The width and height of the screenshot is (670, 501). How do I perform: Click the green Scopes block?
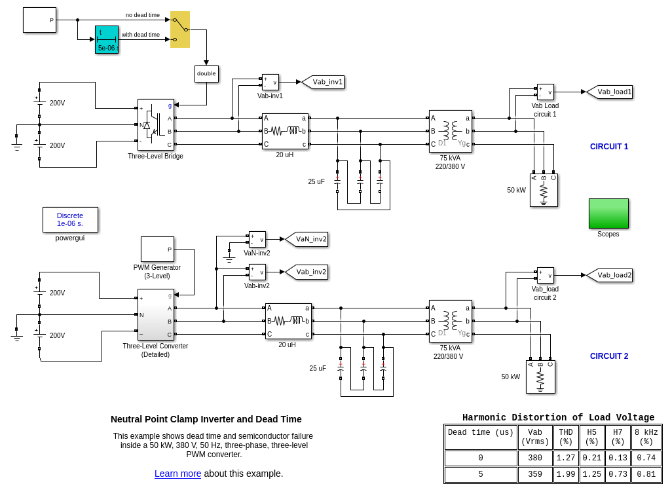point(608,213)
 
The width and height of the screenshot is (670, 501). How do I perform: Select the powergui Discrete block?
point(70,219)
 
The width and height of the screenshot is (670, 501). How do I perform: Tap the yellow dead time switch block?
point(180,29)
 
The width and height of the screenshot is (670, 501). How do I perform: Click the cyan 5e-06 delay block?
point(107,39)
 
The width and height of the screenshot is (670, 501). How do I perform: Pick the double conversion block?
point(206,73)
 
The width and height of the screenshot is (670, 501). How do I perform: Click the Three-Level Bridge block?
point(156,124)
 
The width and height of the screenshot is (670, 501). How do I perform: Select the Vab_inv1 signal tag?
point(325,82)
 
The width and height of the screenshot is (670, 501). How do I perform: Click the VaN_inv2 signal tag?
point(308,239)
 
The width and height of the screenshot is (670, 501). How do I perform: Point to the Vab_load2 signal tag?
point(611,275)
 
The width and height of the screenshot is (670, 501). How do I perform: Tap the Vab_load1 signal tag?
point(611,92)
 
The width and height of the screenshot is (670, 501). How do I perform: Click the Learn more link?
point(177,473)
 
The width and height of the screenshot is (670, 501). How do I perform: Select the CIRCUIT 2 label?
point(608,356)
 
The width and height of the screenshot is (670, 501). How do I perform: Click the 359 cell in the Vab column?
point(535,475)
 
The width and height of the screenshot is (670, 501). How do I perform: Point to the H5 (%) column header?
point(592,437)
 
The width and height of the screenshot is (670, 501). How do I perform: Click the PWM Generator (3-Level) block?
point(157,249)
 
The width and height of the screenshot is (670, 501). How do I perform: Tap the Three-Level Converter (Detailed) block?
point(156,314)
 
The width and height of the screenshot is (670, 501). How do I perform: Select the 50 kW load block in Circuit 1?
point(544,190)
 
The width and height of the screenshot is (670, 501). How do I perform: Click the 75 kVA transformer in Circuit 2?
point(451,321)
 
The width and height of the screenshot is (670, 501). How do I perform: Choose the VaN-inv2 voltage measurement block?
point(257,239)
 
